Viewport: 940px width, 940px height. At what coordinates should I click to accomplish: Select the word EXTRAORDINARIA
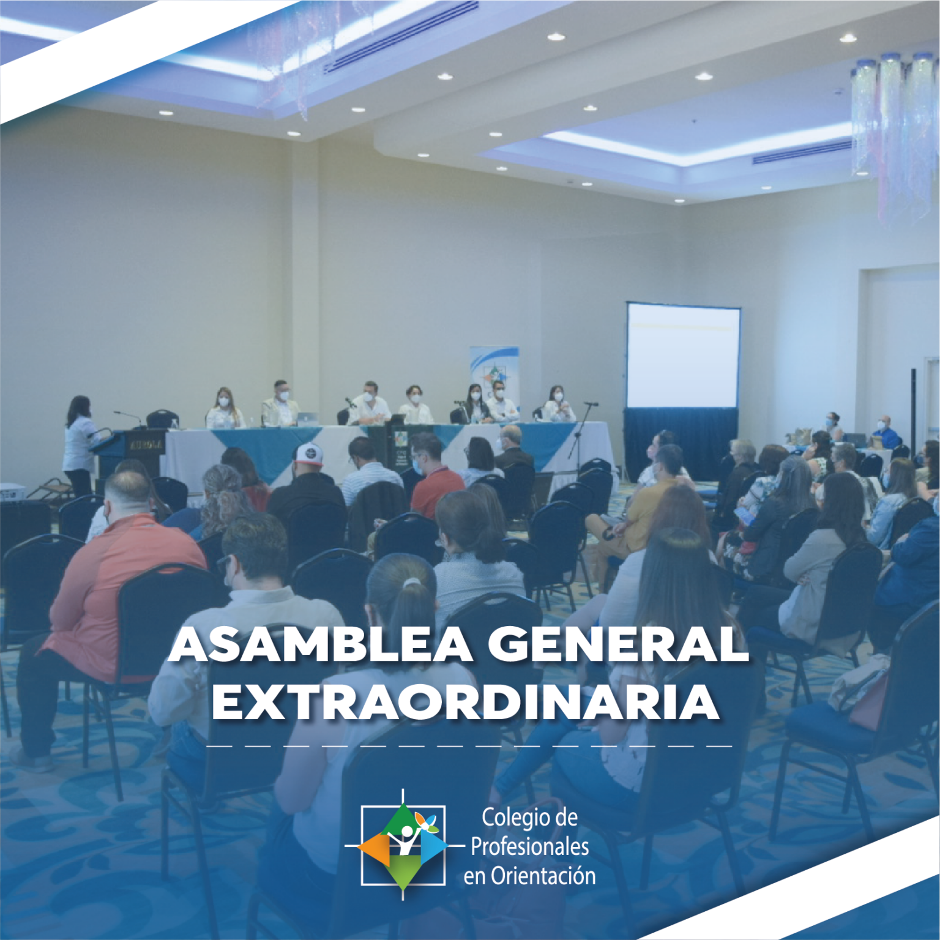466,703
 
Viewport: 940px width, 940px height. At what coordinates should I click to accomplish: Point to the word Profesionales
530,848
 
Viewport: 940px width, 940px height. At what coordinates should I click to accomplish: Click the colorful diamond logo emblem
403,846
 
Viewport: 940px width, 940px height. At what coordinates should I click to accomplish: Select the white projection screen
683,355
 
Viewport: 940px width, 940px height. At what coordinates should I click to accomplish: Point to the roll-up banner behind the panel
494,375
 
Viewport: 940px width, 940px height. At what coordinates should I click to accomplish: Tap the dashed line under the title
469,747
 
